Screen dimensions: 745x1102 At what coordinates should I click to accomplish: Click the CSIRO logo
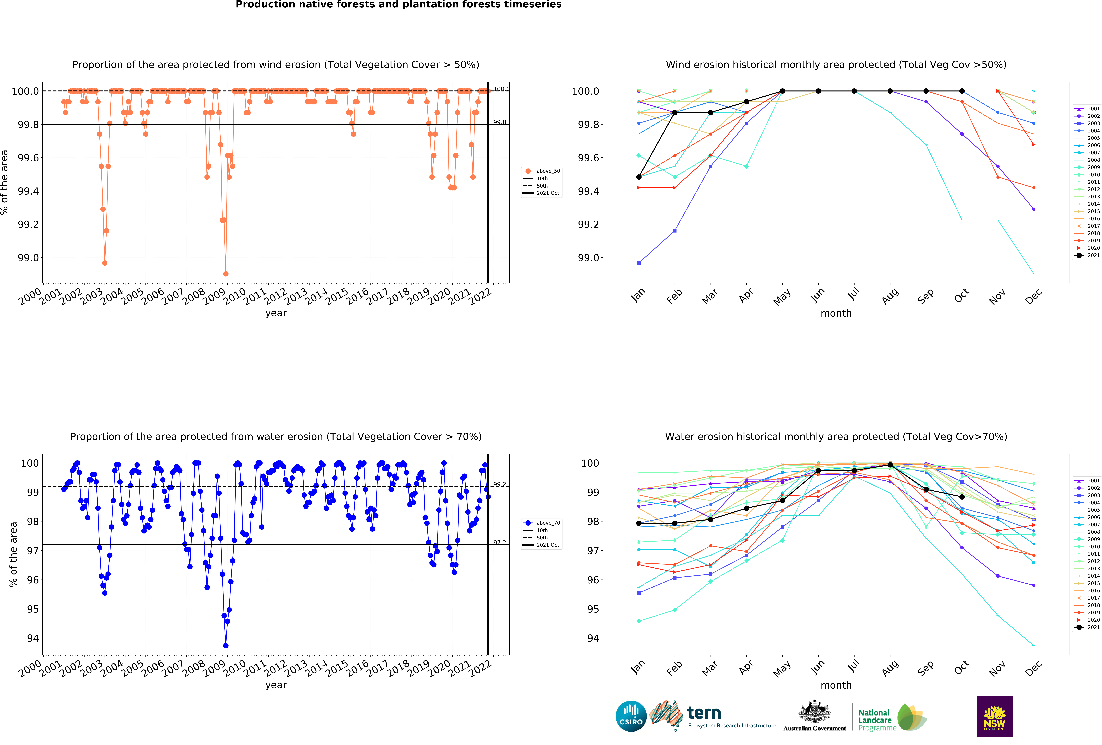pyautogui.click(x=631, y=716)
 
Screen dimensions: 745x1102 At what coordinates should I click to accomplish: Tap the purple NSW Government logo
pyautogui.click(x=994, y=716)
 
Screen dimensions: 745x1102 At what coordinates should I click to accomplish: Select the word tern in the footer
pyautogui.click(x=704, y=713)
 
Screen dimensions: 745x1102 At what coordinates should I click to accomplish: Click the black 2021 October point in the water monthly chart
pyautogui.click(x=962, y=497)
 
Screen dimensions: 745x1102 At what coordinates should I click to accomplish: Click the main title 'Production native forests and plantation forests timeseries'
pyautogui.click(x=398, y=5)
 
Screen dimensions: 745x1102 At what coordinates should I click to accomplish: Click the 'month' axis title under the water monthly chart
pyautogui.click(x=836, y=685)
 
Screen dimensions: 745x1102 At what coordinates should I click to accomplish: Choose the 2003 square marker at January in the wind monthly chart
pyautogui.click(x=639, y=263)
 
